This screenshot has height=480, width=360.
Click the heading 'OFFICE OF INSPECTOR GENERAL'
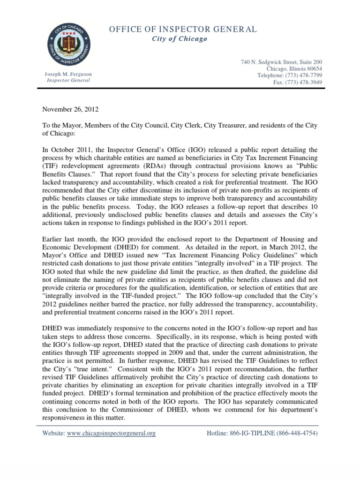[183, 30]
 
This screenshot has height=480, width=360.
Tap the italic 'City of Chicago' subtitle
[180, 39]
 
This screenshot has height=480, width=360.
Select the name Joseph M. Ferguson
[68, 75]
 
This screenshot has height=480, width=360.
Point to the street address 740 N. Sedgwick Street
[282, 62]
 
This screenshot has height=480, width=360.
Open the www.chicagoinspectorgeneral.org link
[111, 434]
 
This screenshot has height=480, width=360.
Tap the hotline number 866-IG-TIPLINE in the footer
[262, 434]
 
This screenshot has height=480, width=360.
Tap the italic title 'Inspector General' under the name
[68, 81]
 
